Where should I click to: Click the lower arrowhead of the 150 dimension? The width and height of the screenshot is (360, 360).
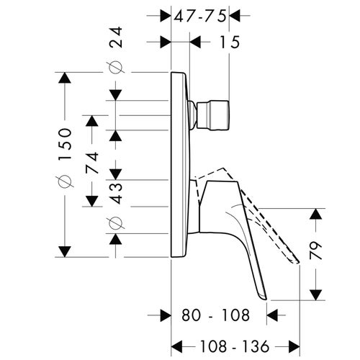(66, 251)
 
